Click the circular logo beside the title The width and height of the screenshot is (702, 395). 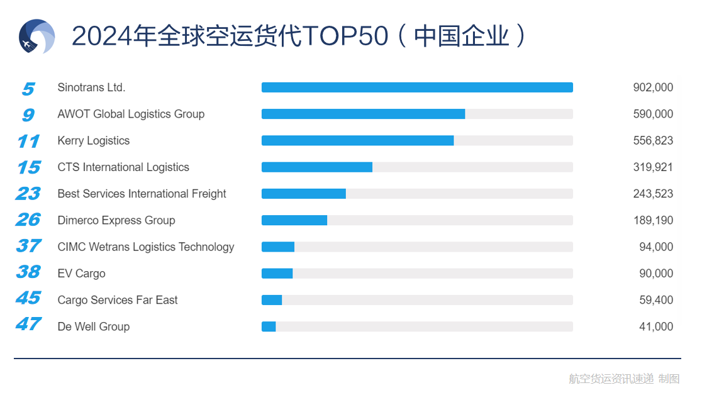point(36,36)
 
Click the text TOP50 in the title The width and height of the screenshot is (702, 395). point(345,36)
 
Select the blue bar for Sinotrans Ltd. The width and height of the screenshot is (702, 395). point(416,87)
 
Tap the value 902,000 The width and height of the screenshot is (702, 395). point(652,87)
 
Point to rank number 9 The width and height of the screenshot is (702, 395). point(28,114)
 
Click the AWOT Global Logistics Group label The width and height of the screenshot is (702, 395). point(131,114)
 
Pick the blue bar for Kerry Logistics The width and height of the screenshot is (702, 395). point(357,140)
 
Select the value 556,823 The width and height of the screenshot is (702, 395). point(652,140)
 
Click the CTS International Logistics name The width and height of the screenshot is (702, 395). point(123,167)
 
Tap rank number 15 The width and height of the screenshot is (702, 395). point(28,167)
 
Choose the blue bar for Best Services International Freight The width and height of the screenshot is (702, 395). point(303,194)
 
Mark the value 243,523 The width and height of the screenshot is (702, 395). point(652,194)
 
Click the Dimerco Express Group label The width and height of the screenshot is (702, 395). point(116,220)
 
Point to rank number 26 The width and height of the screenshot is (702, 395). point(28,220)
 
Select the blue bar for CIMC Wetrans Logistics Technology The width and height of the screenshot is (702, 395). point(277,247)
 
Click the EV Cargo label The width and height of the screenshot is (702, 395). point(81,274)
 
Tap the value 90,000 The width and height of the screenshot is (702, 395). point(656,274)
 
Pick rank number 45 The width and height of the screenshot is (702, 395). point(28,298)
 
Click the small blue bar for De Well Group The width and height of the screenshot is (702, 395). point(269,326)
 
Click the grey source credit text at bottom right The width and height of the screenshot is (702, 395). point(623,379)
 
